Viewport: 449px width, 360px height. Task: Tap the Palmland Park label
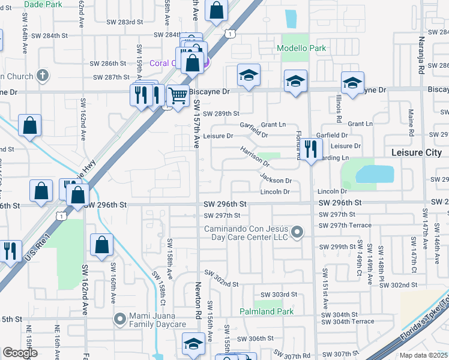(x=267, y=311)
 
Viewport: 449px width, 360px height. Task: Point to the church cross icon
(x=41, y=76)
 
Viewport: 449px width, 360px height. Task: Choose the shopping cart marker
(x=178, y=95)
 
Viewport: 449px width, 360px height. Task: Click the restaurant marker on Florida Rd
(x=310, y=149)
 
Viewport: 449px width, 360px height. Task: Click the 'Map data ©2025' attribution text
(x=423, y=355)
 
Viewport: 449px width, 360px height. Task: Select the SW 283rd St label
(x=125, y=22)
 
